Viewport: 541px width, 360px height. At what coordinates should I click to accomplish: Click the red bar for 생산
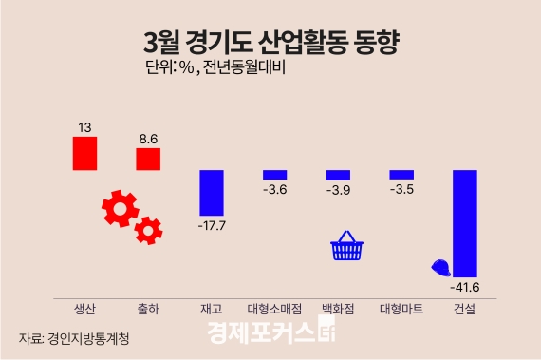tap(85, 153)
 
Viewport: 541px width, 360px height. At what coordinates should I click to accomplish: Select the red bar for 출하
tap(148, 159)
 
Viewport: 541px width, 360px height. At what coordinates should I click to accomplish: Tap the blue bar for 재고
tap(211, 192)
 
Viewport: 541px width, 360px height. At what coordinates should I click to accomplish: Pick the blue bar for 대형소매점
tap(274, 174)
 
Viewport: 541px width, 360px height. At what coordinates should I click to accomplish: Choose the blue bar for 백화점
tap(338, 175)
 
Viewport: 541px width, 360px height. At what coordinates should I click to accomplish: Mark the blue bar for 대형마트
tap(401, 174)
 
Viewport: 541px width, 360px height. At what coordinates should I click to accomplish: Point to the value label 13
tap(85, 127)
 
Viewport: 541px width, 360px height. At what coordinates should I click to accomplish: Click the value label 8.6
tap(148, 139)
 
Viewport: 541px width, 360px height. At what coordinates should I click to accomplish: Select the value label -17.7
tap(211, 226)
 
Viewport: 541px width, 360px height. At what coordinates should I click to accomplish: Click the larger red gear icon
tap(121, 208)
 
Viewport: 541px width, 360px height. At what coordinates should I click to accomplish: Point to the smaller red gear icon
tap(149, 229)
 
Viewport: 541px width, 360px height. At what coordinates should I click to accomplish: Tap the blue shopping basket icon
tap(346, 246)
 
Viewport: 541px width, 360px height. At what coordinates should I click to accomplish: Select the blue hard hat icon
tap(440, 267)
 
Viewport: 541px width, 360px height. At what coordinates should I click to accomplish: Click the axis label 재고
tap(211, 309)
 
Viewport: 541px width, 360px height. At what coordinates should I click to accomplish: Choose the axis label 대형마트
tap(401, 309)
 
